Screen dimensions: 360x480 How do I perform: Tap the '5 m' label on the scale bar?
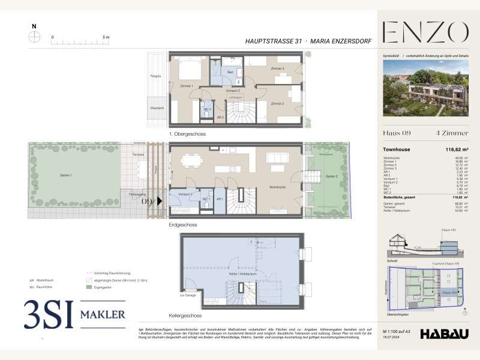tap(106, 37)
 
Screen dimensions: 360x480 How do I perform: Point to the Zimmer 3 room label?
tap(277, 69)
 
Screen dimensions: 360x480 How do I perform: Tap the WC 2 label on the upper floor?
tap(206, 110)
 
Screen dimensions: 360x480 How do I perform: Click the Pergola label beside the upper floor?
tap(155, 76)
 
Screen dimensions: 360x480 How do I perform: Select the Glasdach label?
tap(155, 109)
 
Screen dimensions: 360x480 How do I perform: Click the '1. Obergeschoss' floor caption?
tap(187, 134)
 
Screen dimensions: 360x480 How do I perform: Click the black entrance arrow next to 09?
tap(160, 202)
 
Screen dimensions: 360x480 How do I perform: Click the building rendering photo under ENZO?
tap(425, 89)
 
